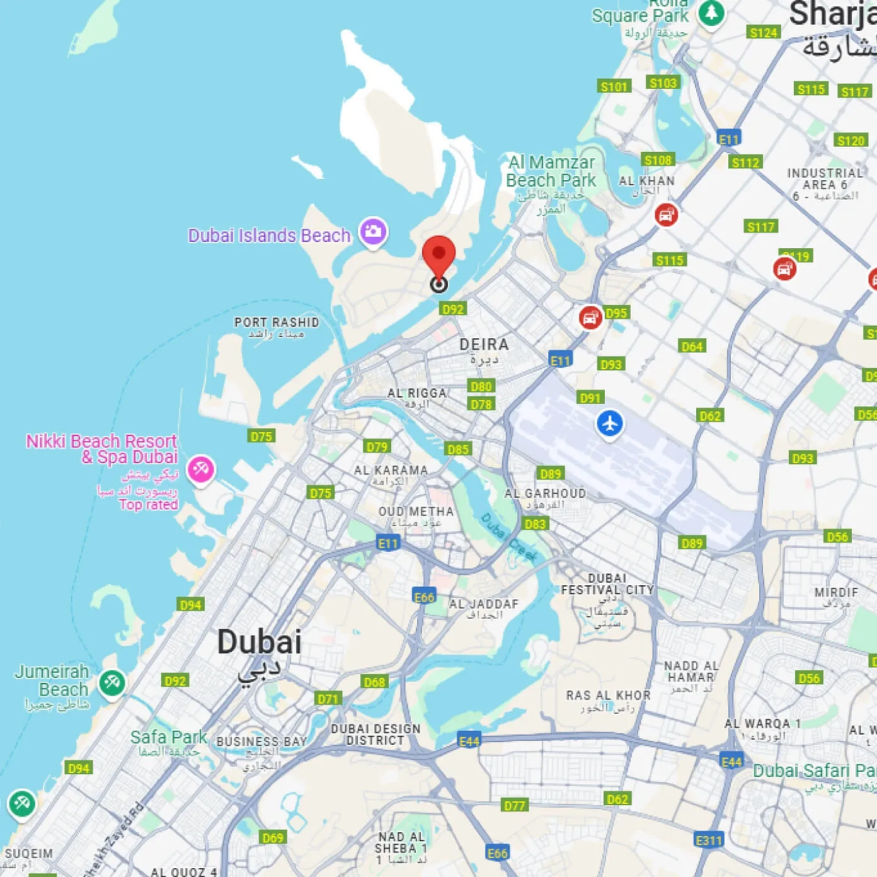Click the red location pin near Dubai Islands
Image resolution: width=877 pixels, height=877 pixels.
pos(438,255)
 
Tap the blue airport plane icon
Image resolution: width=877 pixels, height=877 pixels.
pos(609,423)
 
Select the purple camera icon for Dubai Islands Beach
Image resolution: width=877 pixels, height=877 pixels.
pos(373,231)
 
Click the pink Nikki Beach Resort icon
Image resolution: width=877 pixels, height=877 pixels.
pos(201,469)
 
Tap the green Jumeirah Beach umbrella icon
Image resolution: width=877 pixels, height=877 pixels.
pos(112,682)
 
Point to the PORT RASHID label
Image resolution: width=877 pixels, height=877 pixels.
pos(277,323)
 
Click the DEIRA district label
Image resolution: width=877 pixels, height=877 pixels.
pos(484,345)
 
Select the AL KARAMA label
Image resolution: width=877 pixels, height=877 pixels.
pos(391,470)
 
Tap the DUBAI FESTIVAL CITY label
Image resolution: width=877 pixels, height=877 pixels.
pos(607,584)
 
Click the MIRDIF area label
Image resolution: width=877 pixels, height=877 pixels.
pos(836,592)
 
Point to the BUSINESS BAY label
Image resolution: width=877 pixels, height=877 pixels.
pos(261,742)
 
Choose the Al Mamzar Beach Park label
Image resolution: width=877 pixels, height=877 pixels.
pos(551,171)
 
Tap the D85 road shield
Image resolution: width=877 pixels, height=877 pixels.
pos(458,449)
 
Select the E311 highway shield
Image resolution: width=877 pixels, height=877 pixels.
pos(709,840)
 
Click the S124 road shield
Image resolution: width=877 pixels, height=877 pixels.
pos(763,33)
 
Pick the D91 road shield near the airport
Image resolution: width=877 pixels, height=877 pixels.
pos(590,398)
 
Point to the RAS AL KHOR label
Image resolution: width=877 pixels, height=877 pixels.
pos(608,696)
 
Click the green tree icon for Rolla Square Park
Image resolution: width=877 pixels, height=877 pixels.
pos(711,13)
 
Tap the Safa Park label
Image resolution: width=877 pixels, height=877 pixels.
pos(168,737)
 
